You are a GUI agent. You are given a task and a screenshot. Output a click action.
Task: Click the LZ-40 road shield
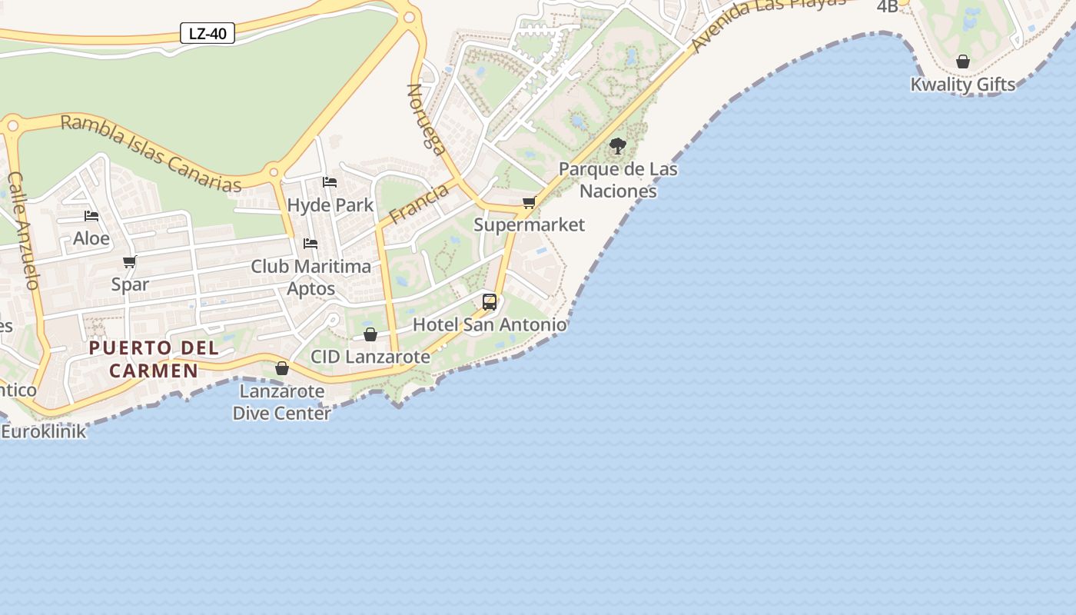tap(207, 33)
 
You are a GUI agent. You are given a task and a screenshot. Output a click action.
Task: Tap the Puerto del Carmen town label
tap(154, 359)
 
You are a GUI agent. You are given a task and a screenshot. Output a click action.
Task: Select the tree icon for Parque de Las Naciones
tap(617, 145)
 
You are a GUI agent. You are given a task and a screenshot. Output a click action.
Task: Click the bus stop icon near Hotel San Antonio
tap(490, 301)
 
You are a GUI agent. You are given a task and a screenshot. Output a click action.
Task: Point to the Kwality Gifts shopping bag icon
tap(962, 61)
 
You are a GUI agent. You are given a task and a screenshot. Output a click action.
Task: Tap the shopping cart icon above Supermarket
tap(529, 203)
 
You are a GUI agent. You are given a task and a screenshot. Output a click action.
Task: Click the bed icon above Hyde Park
tap(330, 182)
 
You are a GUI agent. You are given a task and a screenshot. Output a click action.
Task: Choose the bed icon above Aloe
tap(91, 216)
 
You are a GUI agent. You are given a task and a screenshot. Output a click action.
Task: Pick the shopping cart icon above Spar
tap(130, 262)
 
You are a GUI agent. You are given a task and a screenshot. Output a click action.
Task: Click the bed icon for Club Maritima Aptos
tap(311, 244)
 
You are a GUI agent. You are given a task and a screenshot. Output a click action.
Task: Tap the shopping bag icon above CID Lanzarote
tap(370, 334)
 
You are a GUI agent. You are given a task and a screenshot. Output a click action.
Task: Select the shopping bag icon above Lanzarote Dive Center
tap(282, 368)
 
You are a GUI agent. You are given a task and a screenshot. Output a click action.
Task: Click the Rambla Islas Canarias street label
tap(151, 153)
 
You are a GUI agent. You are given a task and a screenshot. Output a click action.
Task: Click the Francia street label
tap(419, 203)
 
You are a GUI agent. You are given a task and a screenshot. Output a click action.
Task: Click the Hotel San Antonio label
tap(490, 324)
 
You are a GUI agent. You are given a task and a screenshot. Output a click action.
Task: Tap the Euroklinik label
tap(44, 431)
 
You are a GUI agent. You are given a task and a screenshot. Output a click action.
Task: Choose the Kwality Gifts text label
tap(962, 85)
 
